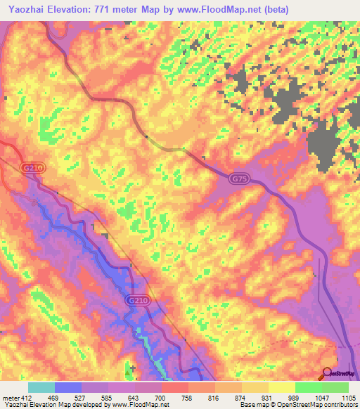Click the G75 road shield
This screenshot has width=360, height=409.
click(238, 180)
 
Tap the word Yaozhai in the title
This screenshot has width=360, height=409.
click(27, 9)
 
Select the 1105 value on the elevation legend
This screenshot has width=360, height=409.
click(347, 398)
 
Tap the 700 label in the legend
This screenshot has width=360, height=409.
click(161, 398)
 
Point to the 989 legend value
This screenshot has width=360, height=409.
click(294, 398)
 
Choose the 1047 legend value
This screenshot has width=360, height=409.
click(320, 398)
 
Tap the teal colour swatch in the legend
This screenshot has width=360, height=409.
click(41, 387)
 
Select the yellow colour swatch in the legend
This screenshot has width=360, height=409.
click(282, 387)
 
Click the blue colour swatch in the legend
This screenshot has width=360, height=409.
click(68, 387)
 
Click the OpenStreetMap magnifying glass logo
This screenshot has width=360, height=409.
click(328, 373)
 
